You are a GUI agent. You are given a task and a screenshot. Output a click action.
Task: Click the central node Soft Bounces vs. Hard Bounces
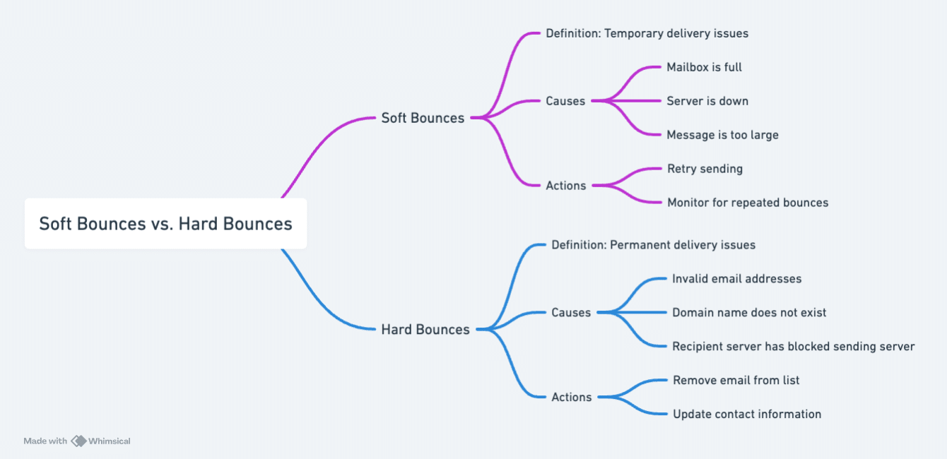pos(165,224)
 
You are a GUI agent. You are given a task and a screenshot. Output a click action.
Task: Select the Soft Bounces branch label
pos(423,118)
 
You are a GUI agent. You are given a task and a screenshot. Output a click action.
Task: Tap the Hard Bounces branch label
pos(425,329)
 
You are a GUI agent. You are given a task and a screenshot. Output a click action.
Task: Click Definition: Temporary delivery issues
pos(647,33)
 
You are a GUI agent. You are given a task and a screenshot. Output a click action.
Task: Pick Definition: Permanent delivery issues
pos(653,245)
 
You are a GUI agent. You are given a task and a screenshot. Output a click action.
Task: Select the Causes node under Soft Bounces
pos(565,101)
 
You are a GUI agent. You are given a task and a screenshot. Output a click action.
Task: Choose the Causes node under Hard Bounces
pos(571,312)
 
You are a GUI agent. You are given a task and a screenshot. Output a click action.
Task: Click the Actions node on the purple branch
pos(566,186)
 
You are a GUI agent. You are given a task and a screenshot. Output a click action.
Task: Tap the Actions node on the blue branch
pos(572,397)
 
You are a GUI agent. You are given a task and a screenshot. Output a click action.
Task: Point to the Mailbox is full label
pos(704,67)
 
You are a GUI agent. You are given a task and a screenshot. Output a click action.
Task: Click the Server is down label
pos(707,101)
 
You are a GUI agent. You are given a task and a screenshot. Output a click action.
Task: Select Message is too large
pos(722,135)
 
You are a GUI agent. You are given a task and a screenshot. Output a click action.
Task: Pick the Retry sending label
pos(705,169)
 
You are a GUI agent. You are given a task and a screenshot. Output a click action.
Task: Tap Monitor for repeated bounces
pos(748,203)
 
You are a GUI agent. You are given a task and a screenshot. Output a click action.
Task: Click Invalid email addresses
pos(736,279)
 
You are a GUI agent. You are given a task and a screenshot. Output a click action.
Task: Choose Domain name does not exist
pos(749,313)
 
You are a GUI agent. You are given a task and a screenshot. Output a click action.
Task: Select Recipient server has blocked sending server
pos(793,347)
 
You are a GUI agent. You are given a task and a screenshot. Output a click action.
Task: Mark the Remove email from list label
pos(736,381)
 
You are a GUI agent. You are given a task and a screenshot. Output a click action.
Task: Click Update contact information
pos(747,415)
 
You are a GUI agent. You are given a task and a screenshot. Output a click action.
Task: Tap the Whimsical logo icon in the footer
pos(78,441)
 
